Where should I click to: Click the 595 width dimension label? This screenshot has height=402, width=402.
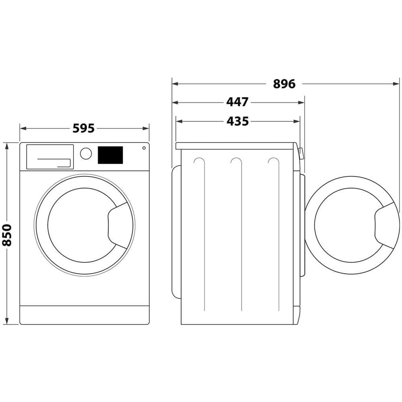coord(84,128)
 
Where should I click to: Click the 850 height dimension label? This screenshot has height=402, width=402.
coord(7,235)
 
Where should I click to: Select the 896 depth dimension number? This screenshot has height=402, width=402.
coord(284,84)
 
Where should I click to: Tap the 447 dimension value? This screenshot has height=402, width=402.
coord(237,102)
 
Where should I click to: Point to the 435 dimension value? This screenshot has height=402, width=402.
coord(237,121)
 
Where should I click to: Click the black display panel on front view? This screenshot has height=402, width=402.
coord(110,155)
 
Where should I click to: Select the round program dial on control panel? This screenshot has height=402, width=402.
coord(86,153)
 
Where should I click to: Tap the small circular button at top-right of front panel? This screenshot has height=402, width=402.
coord(144,148)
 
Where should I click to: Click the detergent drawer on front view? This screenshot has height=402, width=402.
coord(50,157)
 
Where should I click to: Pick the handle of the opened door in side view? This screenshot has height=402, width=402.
coord(387,225)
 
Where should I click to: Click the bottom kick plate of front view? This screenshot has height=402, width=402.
coord(84,315)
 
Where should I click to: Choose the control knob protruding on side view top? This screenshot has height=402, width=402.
coord(300,152)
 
